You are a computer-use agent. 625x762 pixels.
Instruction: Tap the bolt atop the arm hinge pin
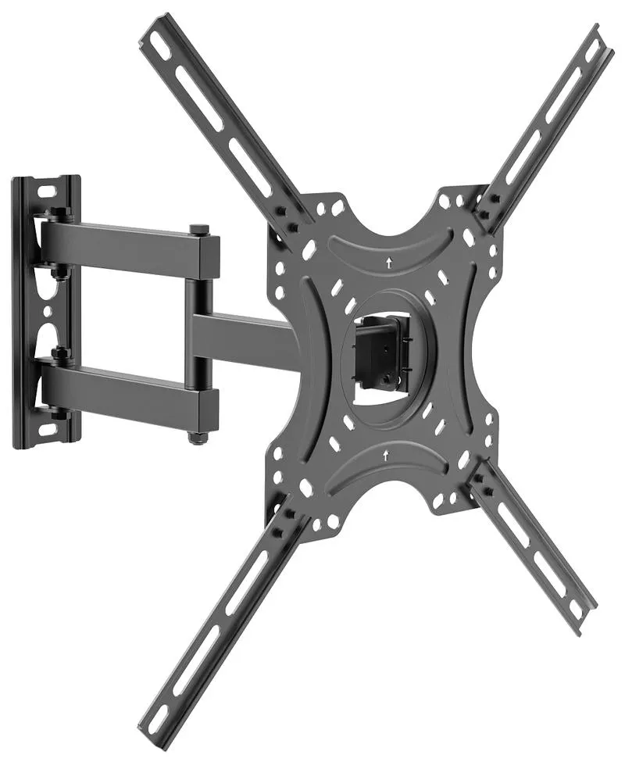tap(196, 229)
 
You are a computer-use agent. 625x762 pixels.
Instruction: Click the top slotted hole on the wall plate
tap(45, 190)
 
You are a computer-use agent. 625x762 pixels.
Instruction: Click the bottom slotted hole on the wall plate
tap(46, 429)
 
